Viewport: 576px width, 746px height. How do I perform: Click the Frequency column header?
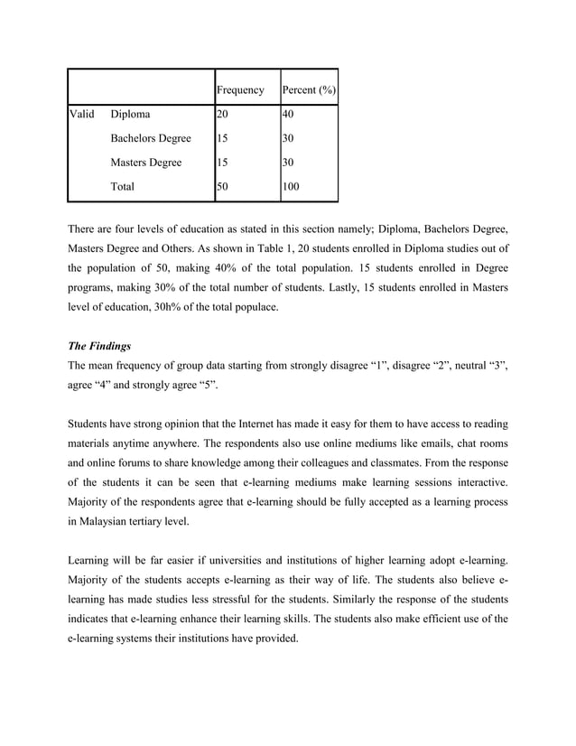(x=239, y=90)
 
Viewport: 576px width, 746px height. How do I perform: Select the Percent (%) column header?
(x=310, y=90)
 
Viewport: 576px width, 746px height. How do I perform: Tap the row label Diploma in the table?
(x=131, y=115)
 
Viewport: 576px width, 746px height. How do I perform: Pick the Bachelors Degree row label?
(x=150, y=139)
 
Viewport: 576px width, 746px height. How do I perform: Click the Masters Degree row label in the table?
(x=145, y=163)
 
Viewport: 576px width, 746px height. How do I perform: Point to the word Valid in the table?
(x=83, y=115)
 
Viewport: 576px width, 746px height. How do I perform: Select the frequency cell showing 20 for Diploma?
(x=223, y=115)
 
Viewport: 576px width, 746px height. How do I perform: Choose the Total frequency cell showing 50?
(x=223, y=187)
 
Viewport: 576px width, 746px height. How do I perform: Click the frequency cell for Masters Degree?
(x=223, y=163)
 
